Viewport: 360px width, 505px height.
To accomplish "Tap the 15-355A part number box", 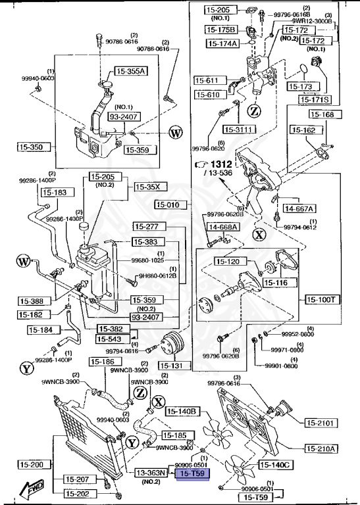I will (x=132, y=71).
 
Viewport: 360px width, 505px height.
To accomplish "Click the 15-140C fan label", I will (x=276, y=465).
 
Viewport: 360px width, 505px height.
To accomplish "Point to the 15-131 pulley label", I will (x=172, y=366).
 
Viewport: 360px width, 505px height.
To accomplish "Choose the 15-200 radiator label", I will (x=31, y=465).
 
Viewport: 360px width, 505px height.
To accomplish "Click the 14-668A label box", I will (x=224, y=227).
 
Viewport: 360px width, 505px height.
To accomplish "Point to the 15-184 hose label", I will (x=51, y=331).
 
